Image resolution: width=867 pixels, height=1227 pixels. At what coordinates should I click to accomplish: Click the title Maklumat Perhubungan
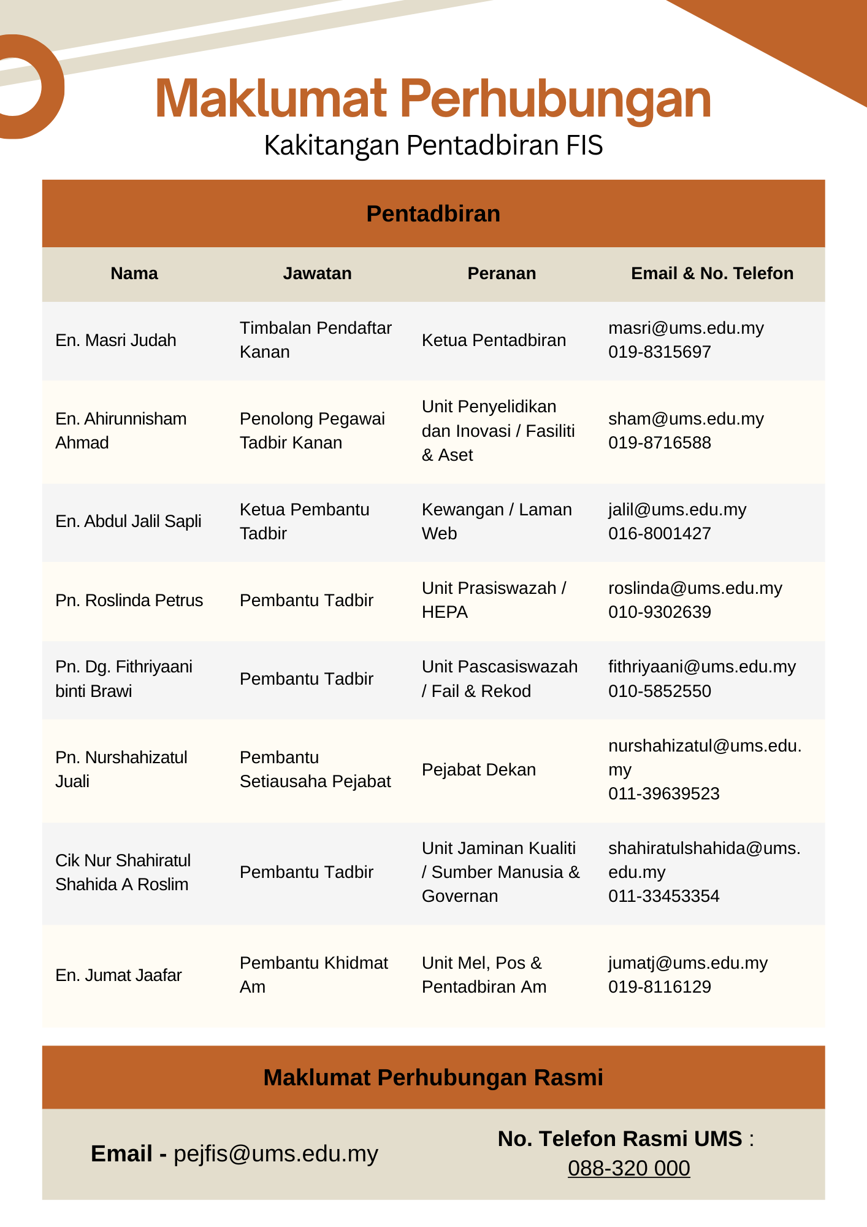(x=433, y=99)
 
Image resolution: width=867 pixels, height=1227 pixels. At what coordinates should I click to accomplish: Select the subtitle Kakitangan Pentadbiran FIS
(x=433, y=145)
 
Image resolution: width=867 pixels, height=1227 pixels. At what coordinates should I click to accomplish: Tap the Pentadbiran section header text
(x=433, y=214)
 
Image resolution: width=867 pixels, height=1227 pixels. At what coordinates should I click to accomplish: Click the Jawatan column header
(x=317, y=274)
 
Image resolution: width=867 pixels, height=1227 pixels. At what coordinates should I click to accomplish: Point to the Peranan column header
(x=502, y=274)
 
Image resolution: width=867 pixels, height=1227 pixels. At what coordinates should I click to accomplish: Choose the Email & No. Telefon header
(x=712, y=274)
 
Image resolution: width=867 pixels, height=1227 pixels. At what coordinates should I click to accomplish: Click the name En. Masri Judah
(x=116, y=340)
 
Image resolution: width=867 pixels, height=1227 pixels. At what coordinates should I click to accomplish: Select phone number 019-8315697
(x=660, y=352)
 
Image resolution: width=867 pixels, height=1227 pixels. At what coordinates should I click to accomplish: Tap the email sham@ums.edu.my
(x=686, y=419)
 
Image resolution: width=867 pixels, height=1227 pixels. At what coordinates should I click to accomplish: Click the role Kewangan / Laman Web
(x=497, y=521)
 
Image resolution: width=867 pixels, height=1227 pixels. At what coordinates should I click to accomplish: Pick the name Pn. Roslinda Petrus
(x=129, y=601)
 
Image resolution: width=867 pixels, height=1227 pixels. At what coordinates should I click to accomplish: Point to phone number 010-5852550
(x=660, y=691)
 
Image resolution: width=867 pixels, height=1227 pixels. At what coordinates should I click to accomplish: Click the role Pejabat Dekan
(x=479, y=770)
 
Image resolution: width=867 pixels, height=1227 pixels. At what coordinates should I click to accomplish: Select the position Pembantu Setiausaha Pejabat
(x=315, y=769)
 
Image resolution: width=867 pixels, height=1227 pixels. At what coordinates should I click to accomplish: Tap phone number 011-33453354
(x=663, y=896)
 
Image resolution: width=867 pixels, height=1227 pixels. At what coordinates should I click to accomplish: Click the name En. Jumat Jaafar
(x=118, y=975)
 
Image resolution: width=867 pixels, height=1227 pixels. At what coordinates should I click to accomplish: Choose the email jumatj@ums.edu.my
(x=687, y=963)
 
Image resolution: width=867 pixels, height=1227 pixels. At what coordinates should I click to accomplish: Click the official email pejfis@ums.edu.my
(x=276, y=1154)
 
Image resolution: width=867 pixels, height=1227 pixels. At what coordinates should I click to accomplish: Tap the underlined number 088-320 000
(x=628, y=1168)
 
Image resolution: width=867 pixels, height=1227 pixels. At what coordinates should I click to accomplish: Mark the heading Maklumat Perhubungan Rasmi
(x=433, y=1078)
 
